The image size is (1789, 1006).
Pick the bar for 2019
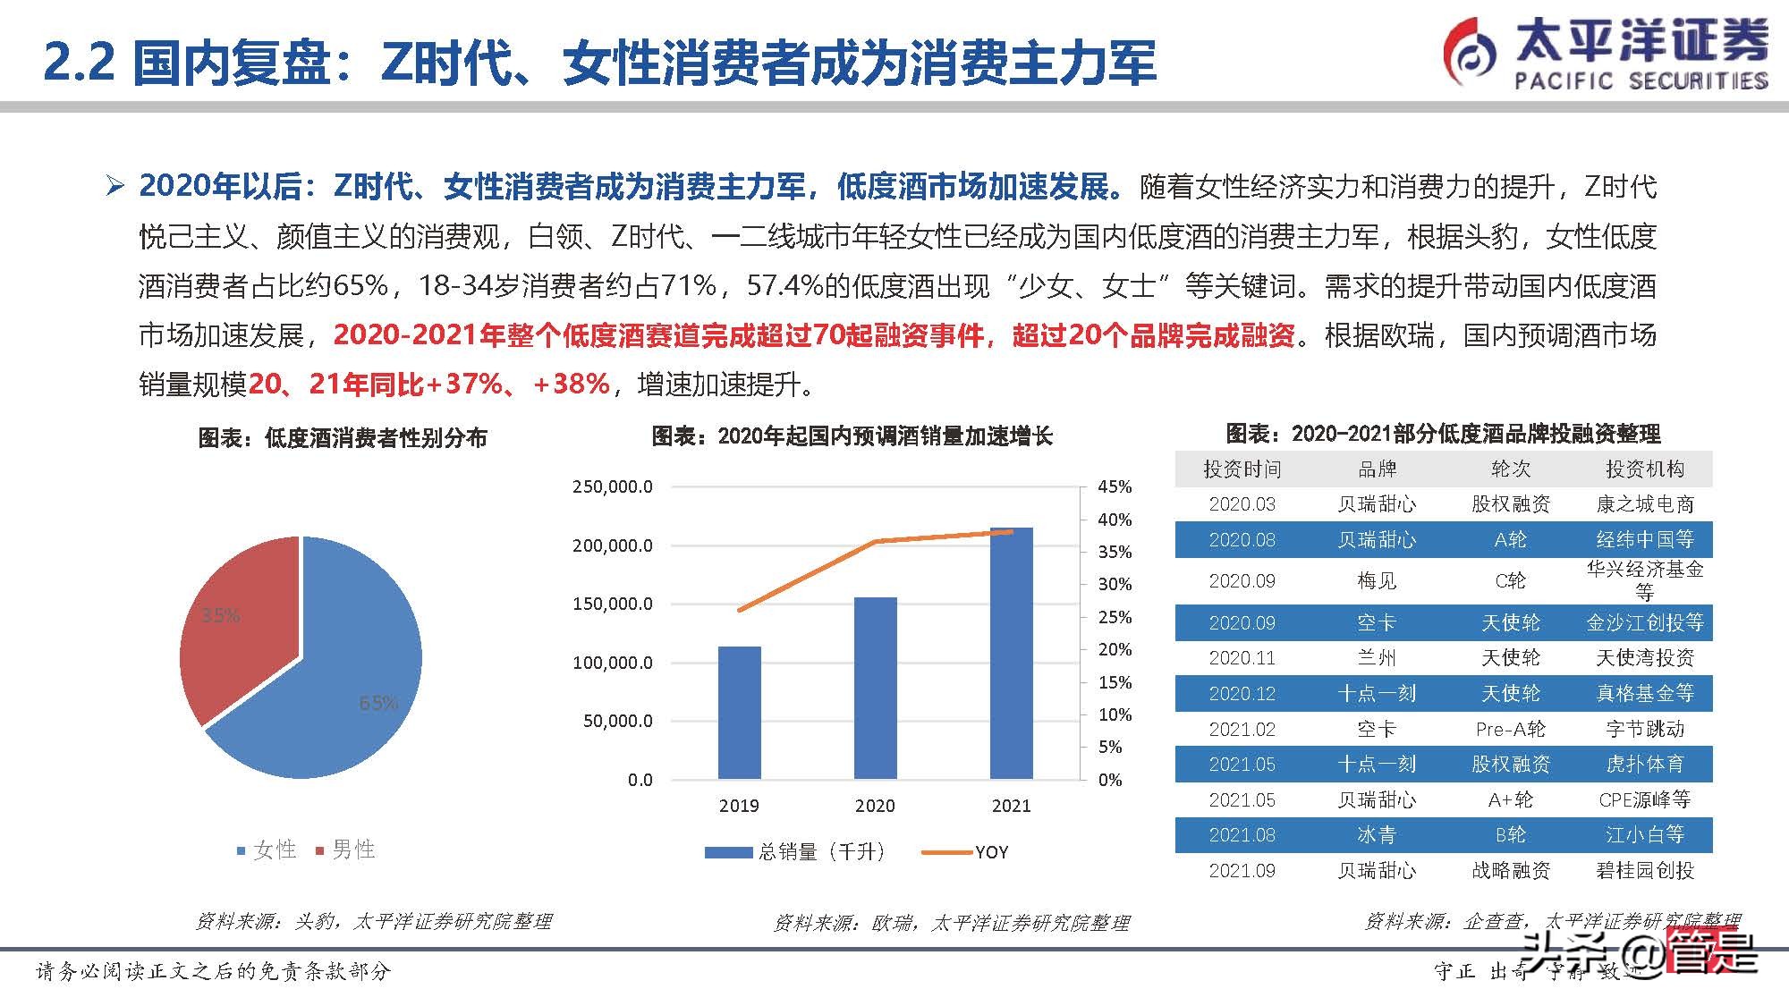tap(739, 712)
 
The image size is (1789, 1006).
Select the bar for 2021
tap(1011, 653)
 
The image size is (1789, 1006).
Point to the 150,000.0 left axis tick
tap(613, 604)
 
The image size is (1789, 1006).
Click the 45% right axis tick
tap(1115, 486)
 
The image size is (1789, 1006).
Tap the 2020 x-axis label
tap(874, 806)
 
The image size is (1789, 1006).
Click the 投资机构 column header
tap(1644, 469)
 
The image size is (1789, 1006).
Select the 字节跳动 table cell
tap(1644, 729)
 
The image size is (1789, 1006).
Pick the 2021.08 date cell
tap(1242, 835)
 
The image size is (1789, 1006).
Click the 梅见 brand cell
tap(1376, 581)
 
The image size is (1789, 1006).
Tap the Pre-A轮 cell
tap(1510, 729)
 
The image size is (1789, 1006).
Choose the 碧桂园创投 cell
tap(1644, 870)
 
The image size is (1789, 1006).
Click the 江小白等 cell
tap(1644, 835)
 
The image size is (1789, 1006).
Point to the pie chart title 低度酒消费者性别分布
tap(343, 437)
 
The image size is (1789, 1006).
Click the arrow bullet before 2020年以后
tap(114, 186)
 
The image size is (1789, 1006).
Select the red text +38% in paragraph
tap(571, 384)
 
